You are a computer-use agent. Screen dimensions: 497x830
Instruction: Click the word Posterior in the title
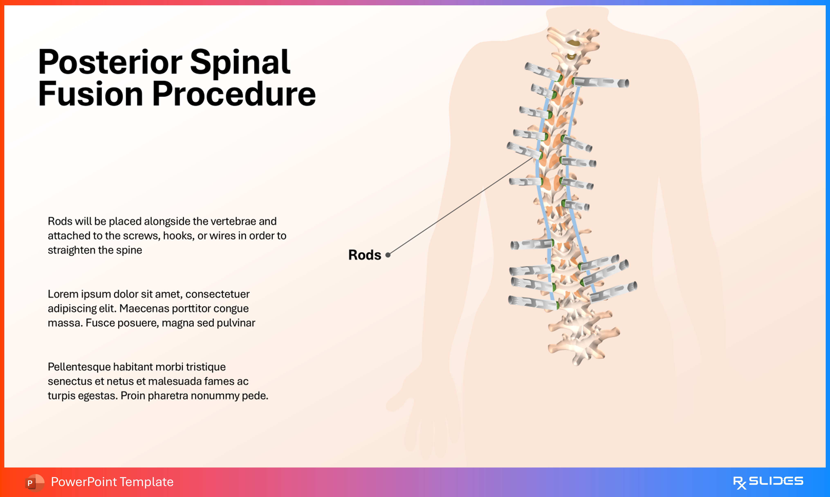click(110, 62)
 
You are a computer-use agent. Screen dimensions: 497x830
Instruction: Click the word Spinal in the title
click(240, 62)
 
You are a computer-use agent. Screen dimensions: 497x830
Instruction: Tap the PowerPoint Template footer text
click(112, 482)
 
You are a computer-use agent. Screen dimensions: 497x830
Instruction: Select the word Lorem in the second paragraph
click(63, 294)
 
